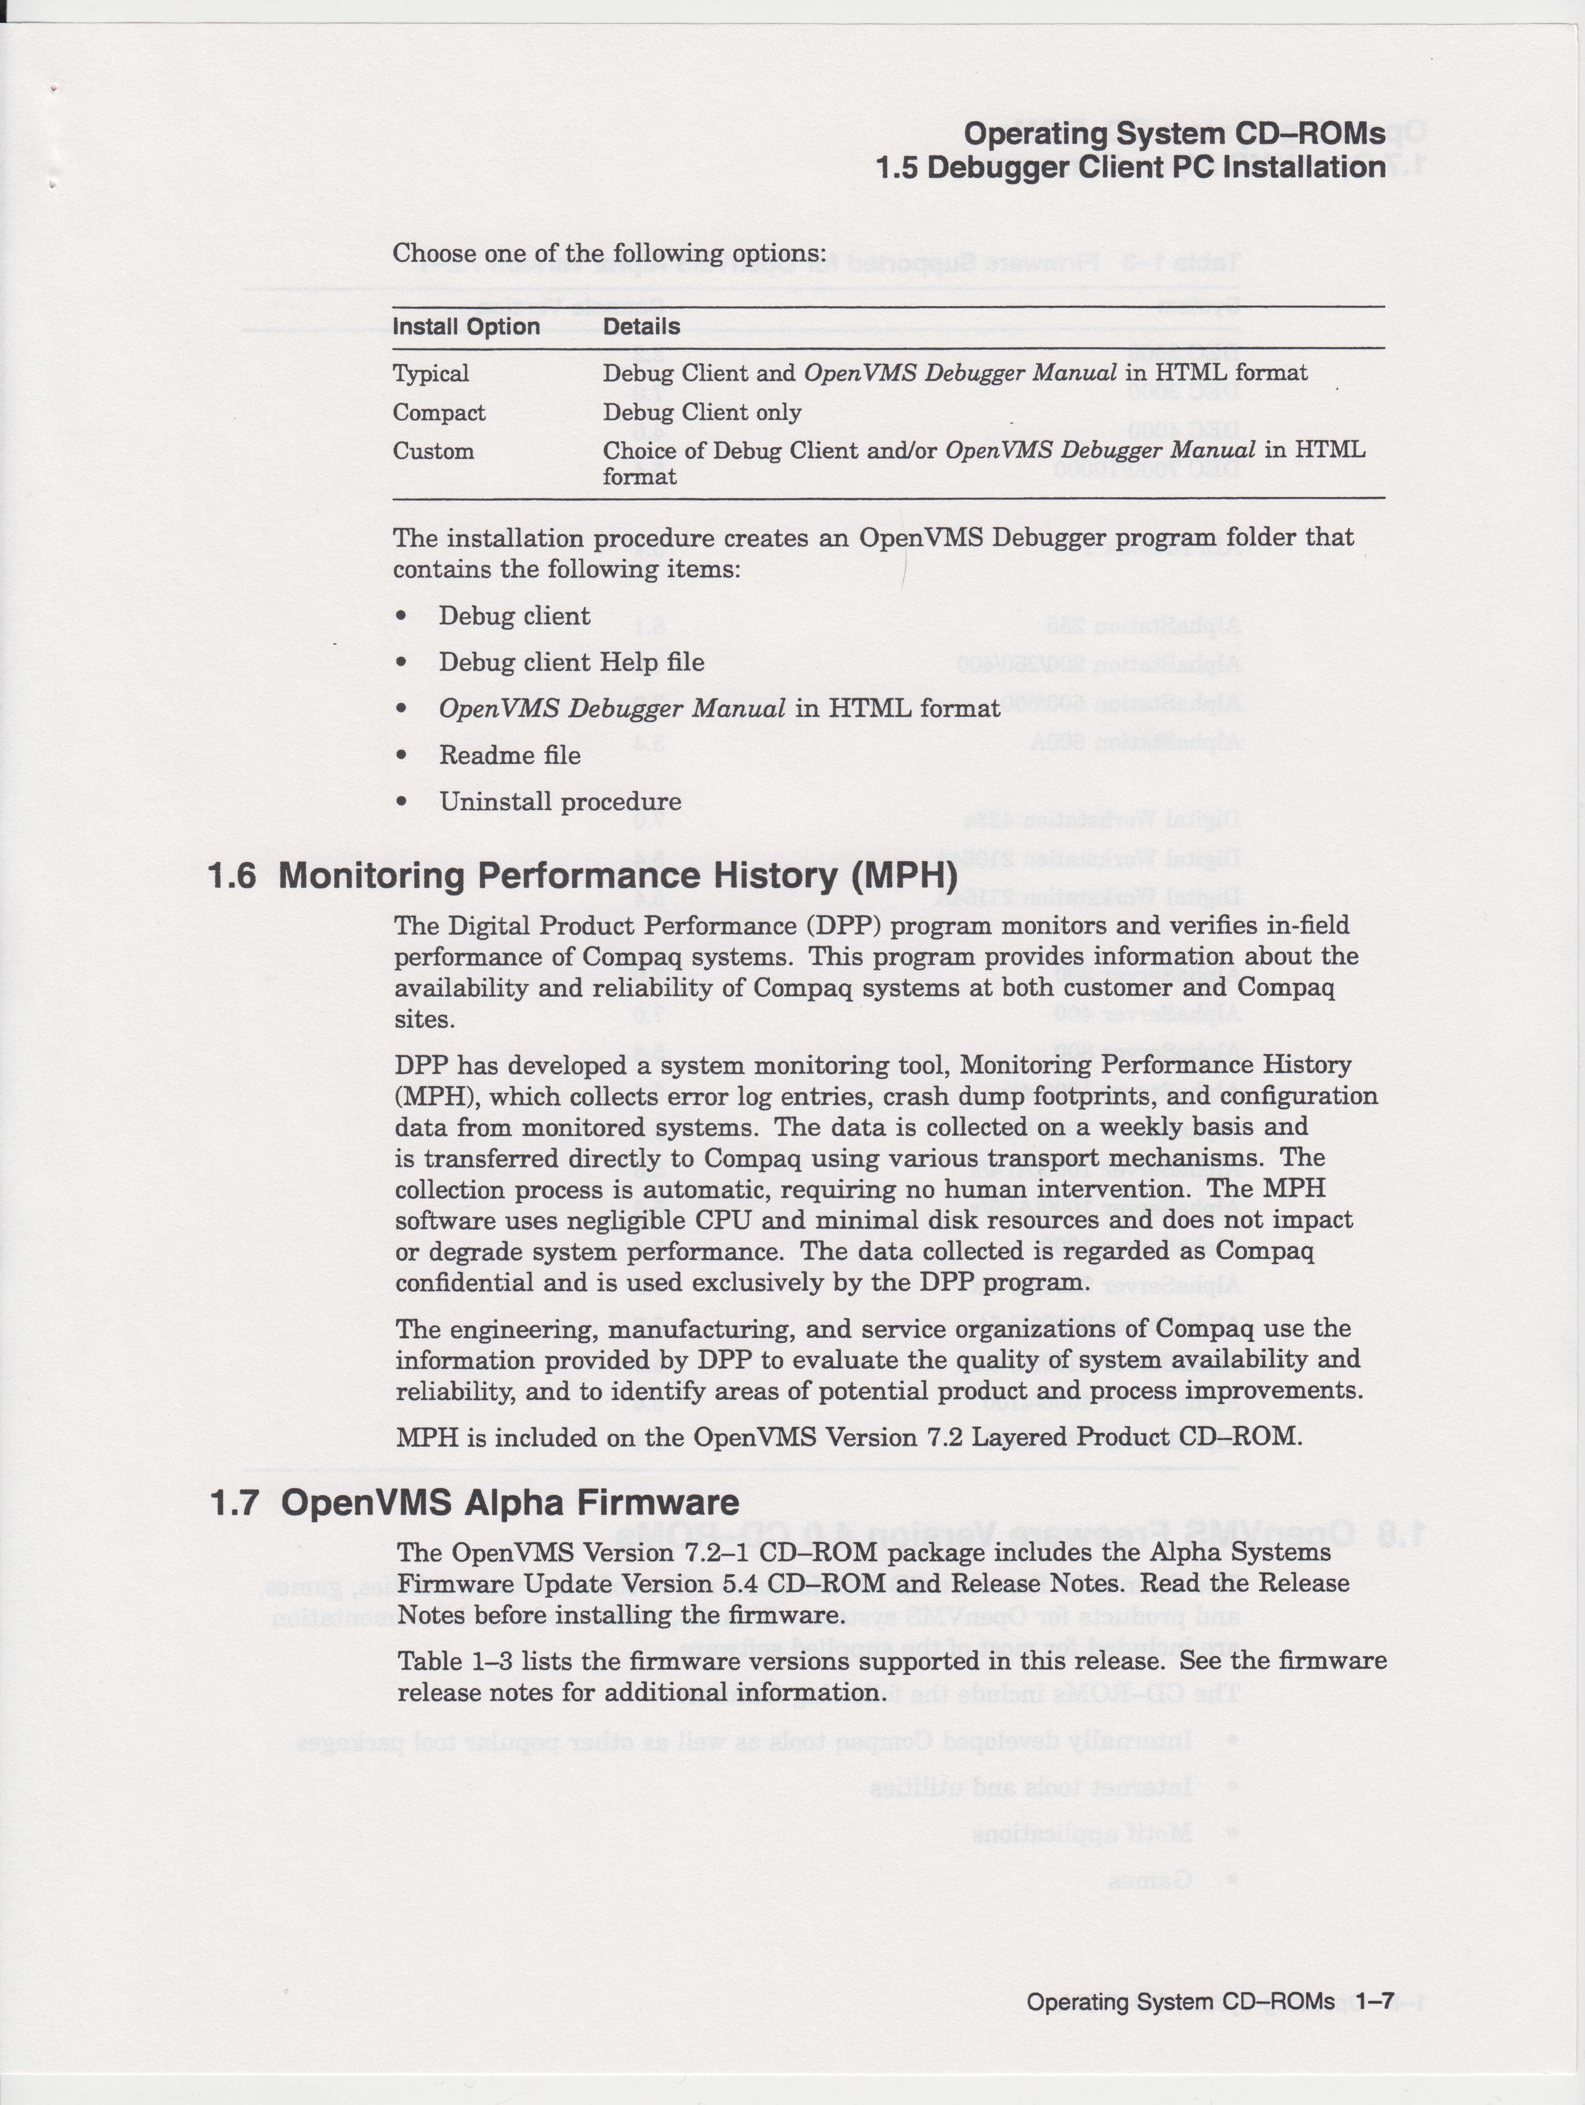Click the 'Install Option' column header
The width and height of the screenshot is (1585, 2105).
point(466,327)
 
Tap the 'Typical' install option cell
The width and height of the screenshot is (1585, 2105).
point(430,373)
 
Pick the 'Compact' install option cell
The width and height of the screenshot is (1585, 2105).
point(439,412)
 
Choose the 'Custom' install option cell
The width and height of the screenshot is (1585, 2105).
point(433,451)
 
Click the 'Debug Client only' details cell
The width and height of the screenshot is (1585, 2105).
point(701,412)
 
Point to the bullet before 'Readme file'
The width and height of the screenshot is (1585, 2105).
point(403,756)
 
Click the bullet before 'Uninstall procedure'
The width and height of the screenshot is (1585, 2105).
point(403,802)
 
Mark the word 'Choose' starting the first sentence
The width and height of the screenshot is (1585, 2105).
point(434,254)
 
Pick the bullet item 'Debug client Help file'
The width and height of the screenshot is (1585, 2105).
point(571,662)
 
